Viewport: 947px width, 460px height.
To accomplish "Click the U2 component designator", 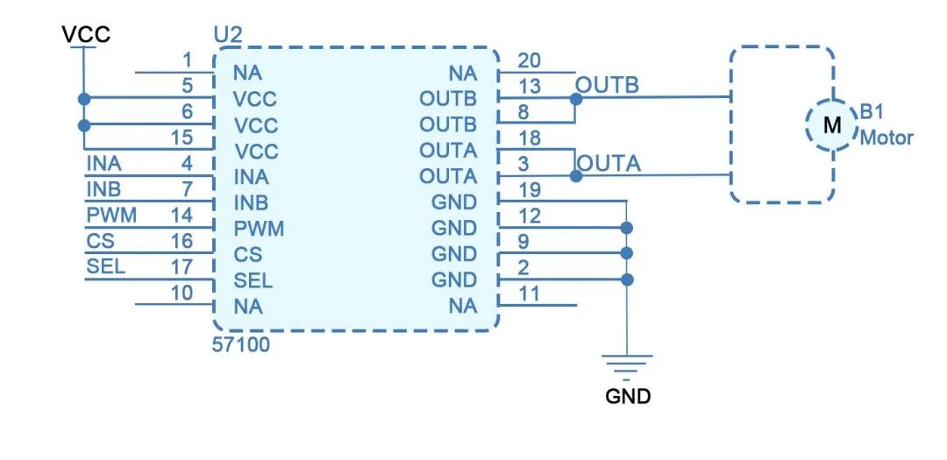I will pos(228,38).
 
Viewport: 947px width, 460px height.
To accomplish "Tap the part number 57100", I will pos(241,345).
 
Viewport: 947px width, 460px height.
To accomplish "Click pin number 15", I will pos(182,138).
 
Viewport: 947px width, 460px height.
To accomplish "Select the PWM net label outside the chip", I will pos(111,216).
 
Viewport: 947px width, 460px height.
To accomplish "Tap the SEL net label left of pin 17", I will pos(105,267).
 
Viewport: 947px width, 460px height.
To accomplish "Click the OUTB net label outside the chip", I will pos(607,86).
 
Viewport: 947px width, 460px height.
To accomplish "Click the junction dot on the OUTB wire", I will pos(575,99).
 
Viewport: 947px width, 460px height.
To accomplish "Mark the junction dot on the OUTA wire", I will pos(575,176).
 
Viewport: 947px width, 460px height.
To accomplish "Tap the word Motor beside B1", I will pos(886,138).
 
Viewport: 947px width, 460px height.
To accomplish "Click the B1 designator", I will pos(872,113).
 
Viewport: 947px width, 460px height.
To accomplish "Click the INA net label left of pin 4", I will pos(104,164).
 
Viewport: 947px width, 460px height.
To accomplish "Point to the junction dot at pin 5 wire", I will pos(84,99).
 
